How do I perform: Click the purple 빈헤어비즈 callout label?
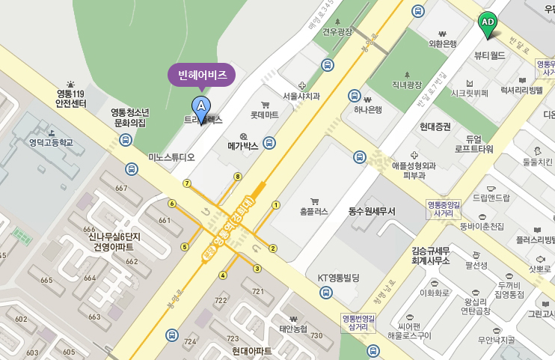point(201,75)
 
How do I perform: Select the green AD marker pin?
point(488,24)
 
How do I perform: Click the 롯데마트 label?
point(264,115)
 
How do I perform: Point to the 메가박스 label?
point(243,146)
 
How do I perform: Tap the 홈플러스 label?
point(314,211)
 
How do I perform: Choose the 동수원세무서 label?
point(371,212)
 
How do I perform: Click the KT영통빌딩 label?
point(339,277)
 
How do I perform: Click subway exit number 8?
point(238,177)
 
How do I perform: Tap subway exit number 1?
point(275,204)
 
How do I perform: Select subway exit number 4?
point(222,275)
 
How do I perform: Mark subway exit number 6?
point(172,203)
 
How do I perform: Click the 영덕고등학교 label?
point(51,142)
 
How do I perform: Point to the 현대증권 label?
point(435,126)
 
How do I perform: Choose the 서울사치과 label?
point(301,96)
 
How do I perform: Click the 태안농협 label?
point(293,329)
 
